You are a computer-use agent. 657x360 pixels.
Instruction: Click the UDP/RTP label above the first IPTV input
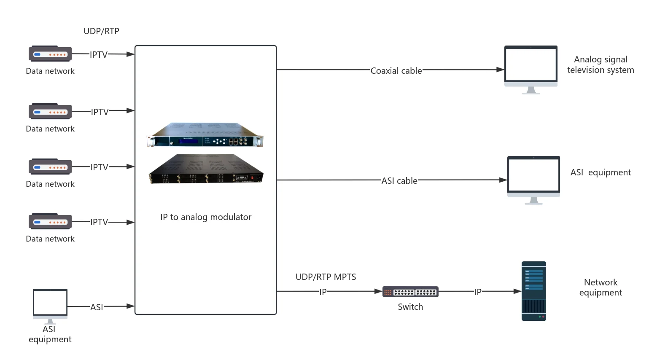(101, 31)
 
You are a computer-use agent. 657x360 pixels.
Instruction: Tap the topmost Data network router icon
(50, 54)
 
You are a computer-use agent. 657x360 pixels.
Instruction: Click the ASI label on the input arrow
(97, 307)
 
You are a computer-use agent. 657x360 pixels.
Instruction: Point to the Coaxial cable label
(396, 71)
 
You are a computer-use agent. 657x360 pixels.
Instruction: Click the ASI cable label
(399, 181)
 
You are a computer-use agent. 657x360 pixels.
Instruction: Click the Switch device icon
(410, 291)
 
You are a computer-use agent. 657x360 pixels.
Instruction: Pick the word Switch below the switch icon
(410, 307)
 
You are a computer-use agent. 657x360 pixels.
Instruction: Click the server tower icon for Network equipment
(534, 291)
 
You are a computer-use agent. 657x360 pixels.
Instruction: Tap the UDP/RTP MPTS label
(326, 277)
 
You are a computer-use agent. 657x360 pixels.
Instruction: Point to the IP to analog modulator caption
(206, 217)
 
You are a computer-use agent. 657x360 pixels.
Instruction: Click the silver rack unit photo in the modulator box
(205, 135)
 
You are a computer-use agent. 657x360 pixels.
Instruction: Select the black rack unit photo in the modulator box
(206, 169)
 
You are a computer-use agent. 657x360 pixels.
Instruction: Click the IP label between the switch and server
(478, 292)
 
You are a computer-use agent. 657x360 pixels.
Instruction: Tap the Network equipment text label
(600, 287)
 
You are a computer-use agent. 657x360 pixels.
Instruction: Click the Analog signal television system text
(600, 64)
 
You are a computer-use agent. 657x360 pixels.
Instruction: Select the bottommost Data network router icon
(50, 221)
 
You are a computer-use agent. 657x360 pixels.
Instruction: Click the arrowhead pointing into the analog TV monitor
(501, 70)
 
